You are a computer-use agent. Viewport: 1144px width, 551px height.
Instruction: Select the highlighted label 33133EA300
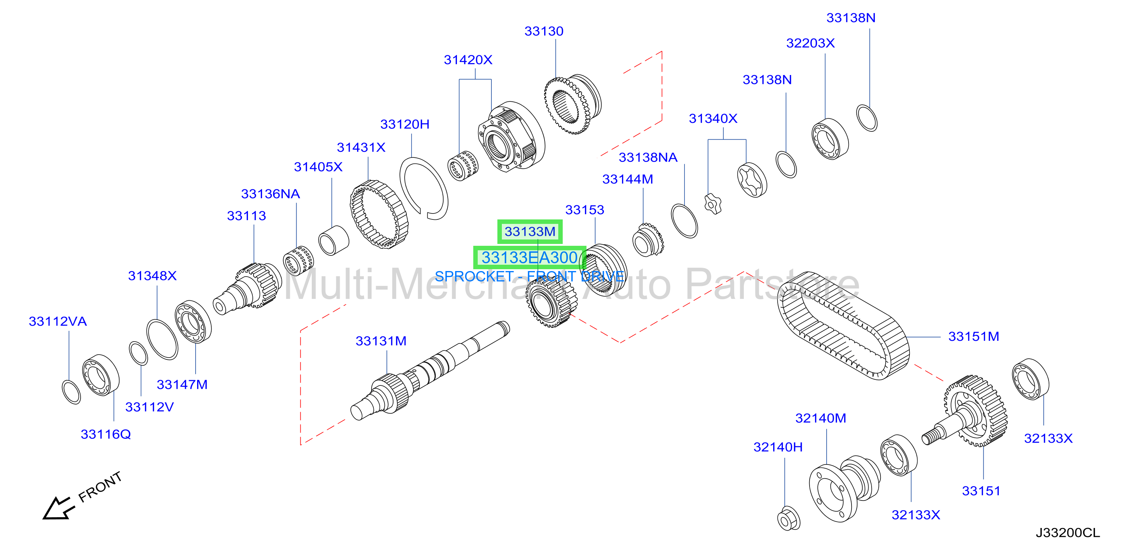(x=529, y=258)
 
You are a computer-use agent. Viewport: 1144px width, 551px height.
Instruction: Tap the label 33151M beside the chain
(x=974, y=337)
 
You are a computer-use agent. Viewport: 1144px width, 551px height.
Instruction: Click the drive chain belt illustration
(x=843, y=326)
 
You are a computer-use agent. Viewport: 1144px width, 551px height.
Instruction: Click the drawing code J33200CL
(x=1068, y=533)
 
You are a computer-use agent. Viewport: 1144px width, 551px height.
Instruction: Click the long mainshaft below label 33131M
(x=430, y=371)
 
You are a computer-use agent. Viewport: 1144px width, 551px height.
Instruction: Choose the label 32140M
(x=820, y=418)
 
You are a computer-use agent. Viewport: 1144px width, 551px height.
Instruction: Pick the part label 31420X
(x=468, y=60)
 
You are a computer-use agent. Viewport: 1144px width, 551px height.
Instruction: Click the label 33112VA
(x=58, y=322)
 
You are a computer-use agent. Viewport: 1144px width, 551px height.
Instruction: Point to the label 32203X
(x=810, y=43)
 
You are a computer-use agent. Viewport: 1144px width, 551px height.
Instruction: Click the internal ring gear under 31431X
(x=379, y=214)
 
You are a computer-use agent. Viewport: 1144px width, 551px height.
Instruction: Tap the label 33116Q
(x=106, y=434)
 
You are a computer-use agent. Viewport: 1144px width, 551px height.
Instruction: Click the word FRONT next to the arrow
(x=100, y=487)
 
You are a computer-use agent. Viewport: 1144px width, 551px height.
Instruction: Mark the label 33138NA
(x=648, y=158)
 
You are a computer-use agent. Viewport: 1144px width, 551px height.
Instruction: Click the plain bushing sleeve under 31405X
(x=334, y=240)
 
